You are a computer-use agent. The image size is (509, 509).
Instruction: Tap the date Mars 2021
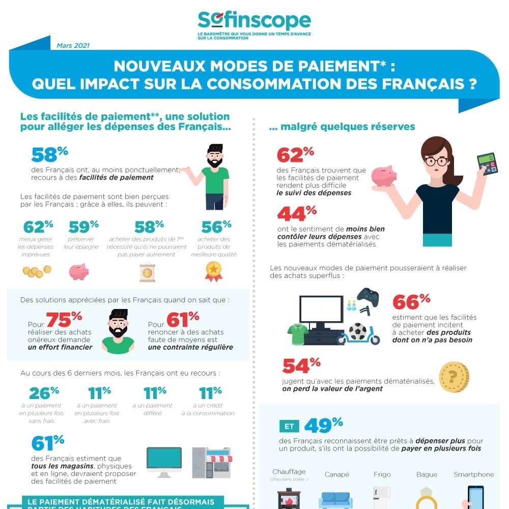tap(73, 45)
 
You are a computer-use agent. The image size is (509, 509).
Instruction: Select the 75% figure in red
tap(64, 319)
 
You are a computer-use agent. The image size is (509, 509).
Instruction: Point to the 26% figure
tap(44, 393)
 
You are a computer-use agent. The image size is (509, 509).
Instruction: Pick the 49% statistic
tap(324, 425)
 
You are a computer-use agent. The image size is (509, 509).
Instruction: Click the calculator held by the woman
tap(487, 163)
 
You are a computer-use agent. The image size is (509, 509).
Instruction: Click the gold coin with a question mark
tap(454, 377)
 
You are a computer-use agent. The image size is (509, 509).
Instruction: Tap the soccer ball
tap(357, 331)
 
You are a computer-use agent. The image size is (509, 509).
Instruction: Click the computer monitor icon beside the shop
tap(164, 461)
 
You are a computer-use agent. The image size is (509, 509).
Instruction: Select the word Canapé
tap(336, 474)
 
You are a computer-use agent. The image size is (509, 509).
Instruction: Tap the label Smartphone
tap(473, 474)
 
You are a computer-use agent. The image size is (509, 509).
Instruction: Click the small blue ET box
tap(289, 427)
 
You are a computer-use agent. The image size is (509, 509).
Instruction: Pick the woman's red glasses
tap(436, 162)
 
